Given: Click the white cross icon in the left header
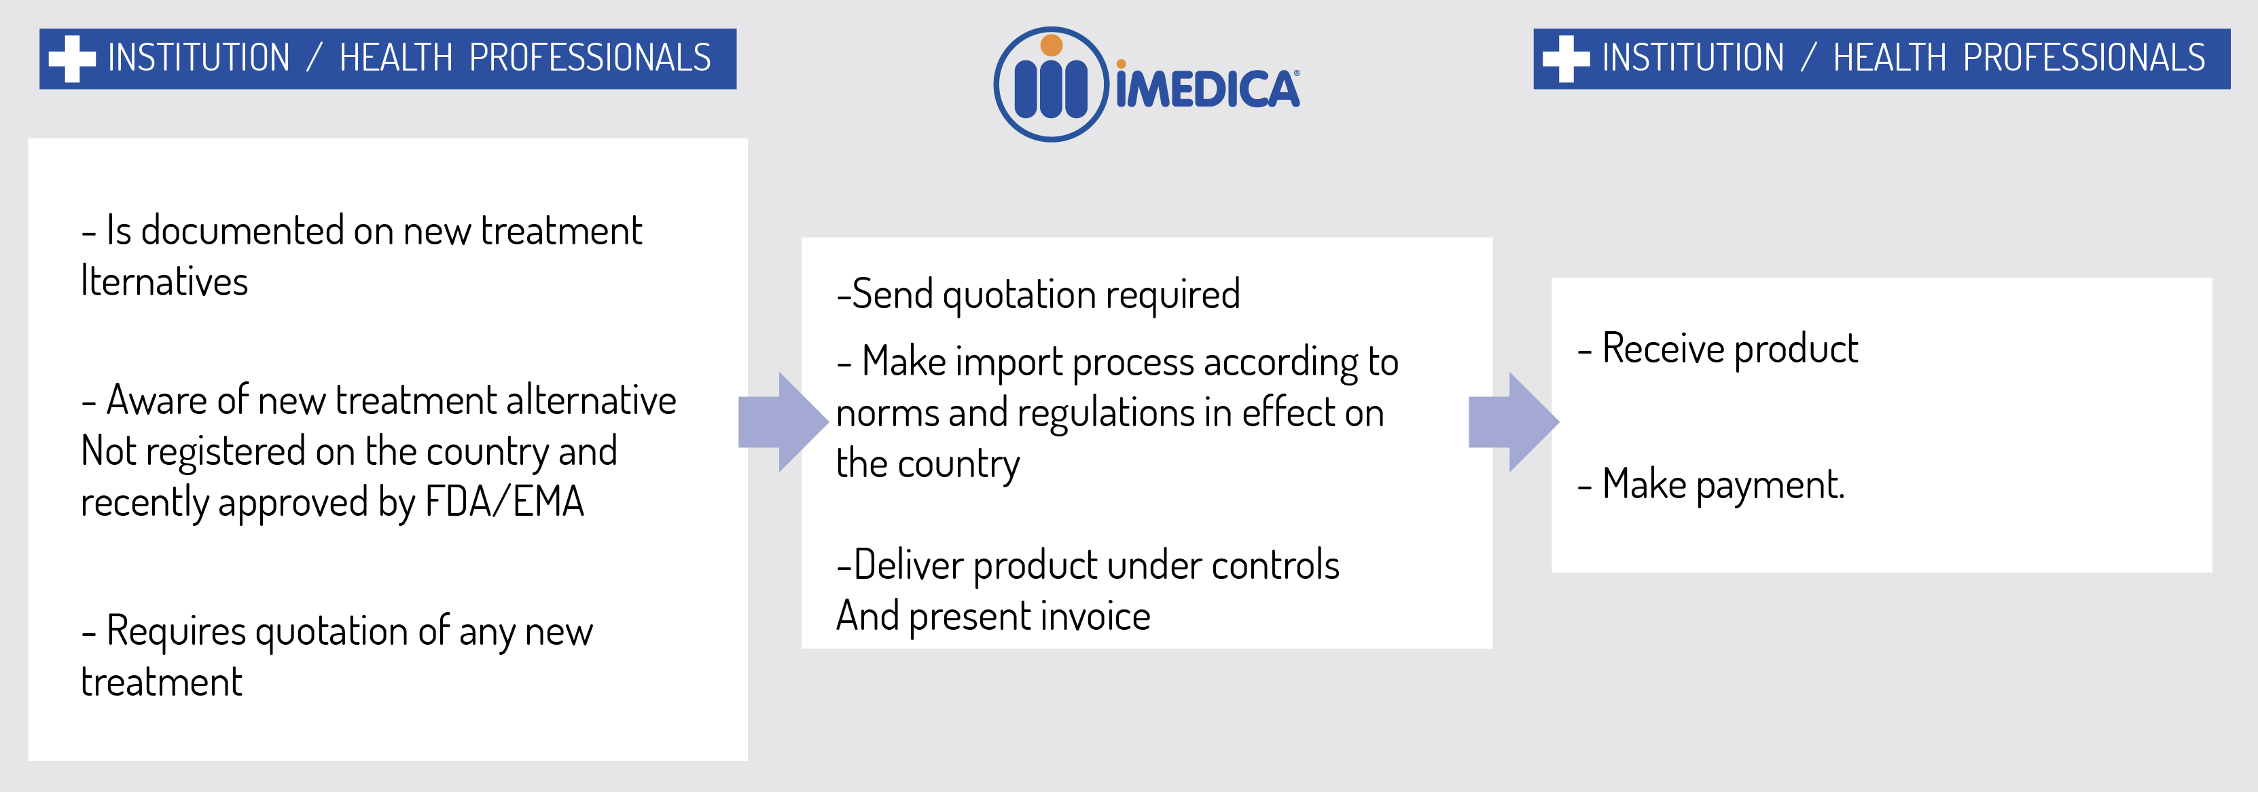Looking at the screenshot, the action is [72, 58].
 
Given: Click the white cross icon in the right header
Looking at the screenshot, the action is [1566, 58].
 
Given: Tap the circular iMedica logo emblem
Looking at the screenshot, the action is [1052, 84].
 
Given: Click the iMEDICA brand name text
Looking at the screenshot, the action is [1208, 86].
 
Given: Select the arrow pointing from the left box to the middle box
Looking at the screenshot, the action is [783, 422].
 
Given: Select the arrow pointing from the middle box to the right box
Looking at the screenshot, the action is [1513, 422].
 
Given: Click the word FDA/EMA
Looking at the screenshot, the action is [504, 502].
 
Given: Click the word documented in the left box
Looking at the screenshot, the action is [242, 231].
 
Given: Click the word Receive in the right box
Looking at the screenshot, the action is [1664, 349].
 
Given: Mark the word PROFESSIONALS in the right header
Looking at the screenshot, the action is [2083, 58].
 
